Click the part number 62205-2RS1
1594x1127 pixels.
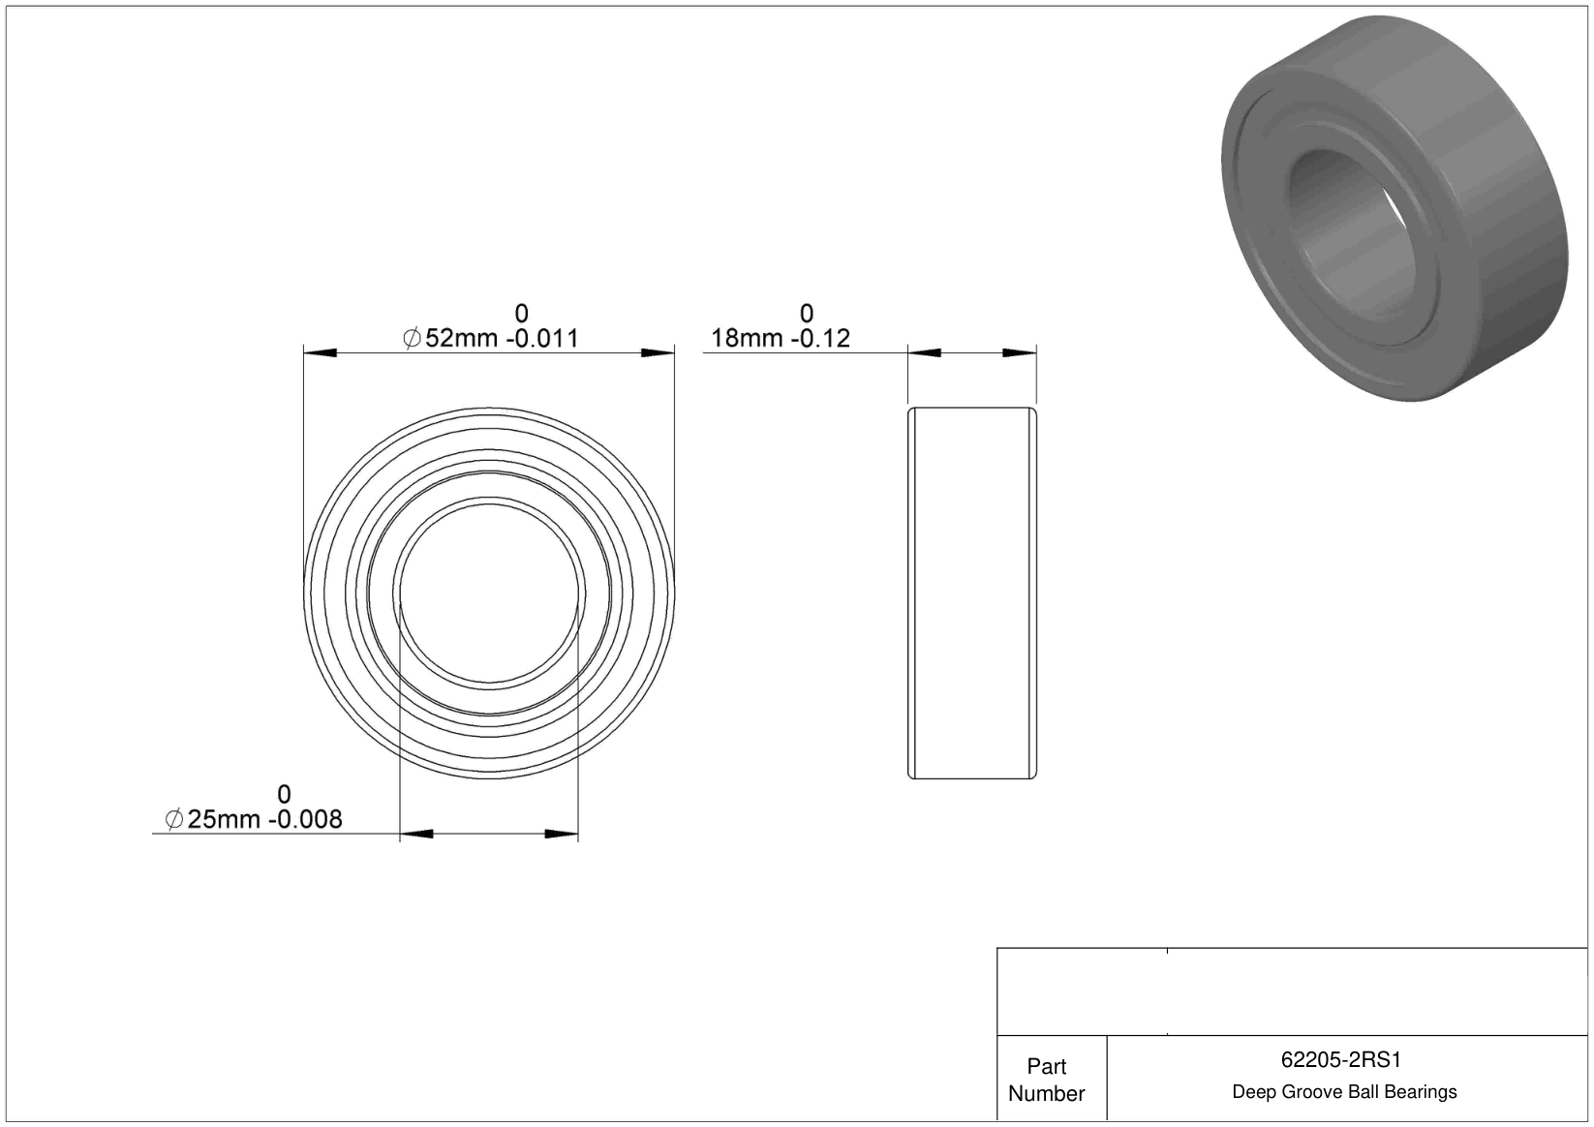1340,1059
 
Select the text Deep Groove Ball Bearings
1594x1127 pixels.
1344,1091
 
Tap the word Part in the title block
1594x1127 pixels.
1046,1066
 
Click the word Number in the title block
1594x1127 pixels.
1046,1093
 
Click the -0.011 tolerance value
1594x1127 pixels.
542,338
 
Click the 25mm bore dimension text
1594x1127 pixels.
224,819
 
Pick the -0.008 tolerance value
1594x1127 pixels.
305,819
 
